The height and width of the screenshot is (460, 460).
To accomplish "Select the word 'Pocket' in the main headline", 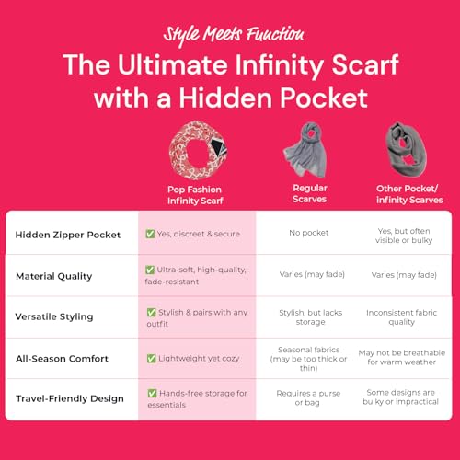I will [x=329, y=98].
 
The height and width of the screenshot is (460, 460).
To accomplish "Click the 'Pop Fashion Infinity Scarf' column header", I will [x=197, y=192].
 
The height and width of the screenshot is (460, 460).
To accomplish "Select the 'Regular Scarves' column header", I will [x=309, y=192].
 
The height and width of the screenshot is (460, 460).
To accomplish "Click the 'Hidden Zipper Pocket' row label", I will [x=68, y=234].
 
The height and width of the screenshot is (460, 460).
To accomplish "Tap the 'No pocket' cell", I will [x=309, y=234].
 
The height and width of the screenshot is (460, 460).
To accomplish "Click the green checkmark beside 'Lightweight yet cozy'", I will [x=151, y=358].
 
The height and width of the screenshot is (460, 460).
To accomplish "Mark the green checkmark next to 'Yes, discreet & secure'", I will [x=151, y=234].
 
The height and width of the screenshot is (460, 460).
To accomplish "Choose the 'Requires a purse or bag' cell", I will [x=309, y=399].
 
